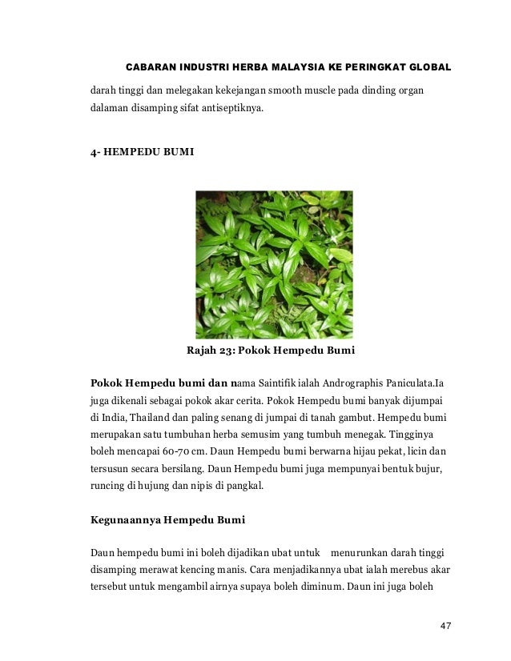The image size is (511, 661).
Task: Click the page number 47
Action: pos(446,625)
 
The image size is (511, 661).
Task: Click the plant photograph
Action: pos(274,264)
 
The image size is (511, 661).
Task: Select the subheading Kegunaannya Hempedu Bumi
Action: pos(168,520)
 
